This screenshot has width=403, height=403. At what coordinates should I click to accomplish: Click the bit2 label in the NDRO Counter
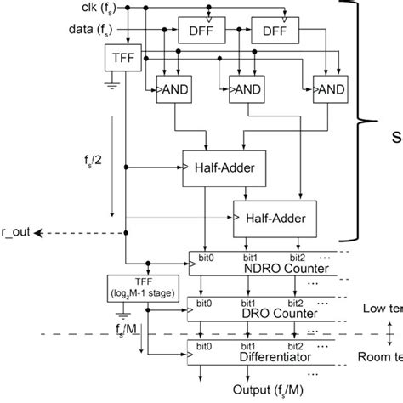click(297, 258)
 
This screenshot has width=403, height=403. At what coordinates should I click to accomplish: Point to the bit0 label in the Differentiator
click(203, 347)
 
